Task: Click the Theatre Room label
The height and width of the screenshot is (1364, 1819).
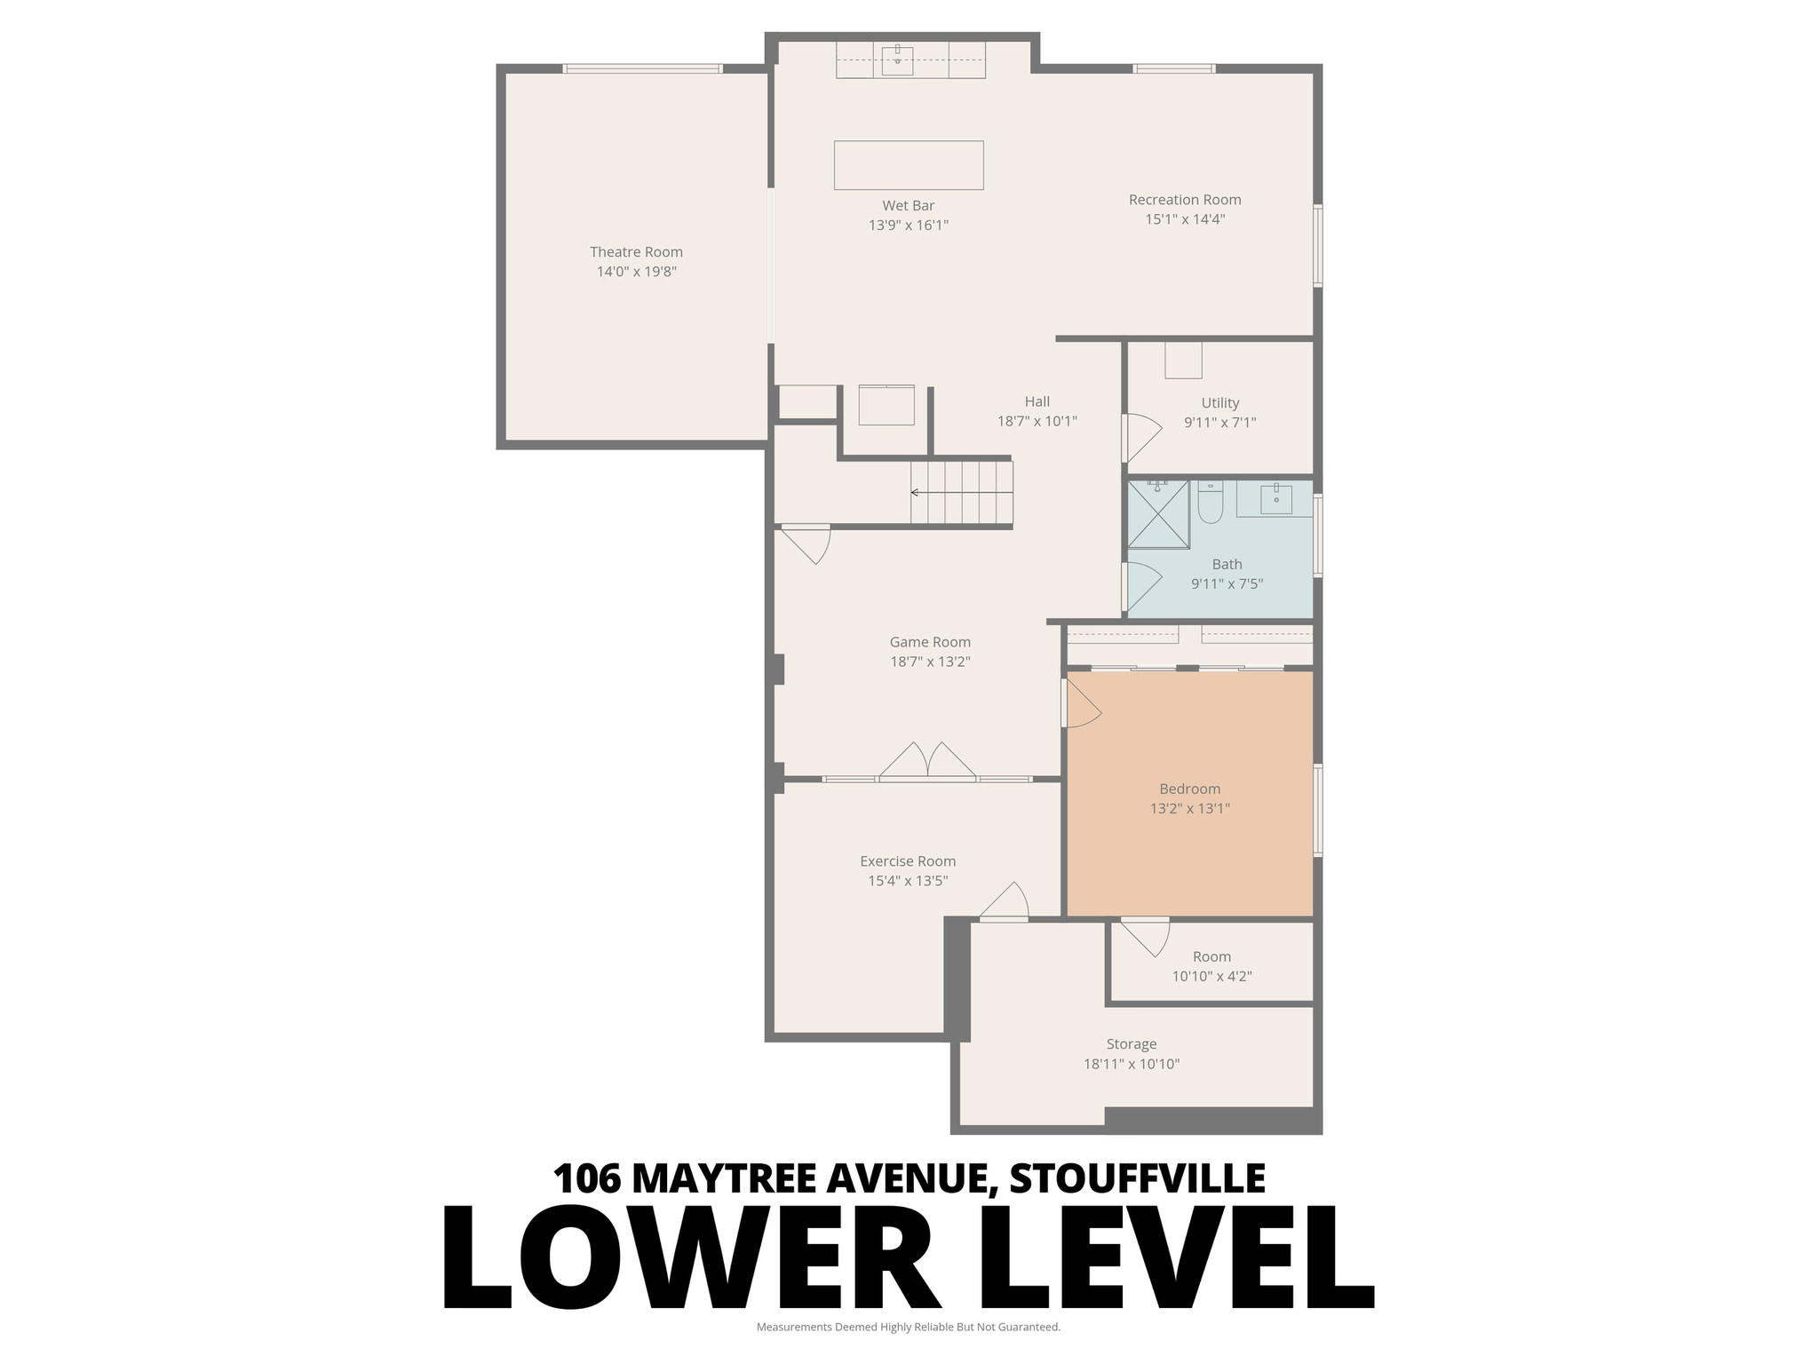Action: (x=636, y=252)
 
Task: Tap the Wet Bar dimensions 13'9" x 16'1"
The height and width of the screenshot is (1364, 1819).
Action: (x=908, y=226)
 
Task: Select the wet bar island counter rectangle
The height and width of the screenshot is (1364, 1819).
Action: (x=908, y=165)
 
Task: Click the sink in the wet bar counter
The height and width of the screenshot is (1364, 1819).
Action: (x=897, y=59)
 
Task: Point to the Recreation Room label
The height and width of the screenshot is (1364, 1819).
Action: (x=1184, y=200)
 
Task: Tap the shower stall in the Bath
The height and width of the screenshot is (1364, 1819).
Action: (x=1158, y=514)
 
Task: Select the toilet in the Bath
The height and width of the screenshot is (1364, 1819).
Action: (x=1210, y=504)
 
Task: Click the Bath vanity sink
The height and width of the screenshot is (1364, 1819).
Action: (x=1275, y=497)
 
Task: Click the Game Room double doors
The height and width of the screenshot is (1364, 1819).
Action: (x=928, y=762)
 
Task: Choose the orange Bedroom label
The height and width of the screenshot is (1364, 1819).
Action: (x=1189, y=789)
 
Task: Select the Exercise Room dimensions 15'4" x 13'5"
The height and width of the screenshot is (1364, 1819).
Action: (x=908, y=881)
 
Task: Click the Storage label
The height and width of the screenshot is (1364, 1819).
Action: (x=1131, y=1044)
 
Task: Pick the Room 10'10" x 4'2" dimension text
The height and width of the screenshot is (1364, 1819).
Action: (x=1211, y=976)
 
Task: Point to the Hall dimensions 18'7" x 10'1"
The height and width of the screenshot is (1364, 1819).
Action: (x=1037, y=421)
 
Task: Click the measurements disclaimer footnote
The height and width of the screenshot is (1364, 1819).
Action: (x=908, y=1327)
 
